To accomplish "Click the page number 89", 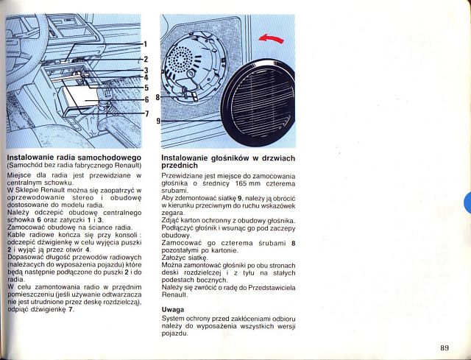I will tap(445, 347).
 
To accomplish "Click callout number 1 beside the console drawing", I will tap(146, 44).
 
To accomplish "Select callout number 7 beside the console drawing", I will tap(146, 113).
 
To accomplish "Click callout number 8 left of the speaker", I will tap(157, 96).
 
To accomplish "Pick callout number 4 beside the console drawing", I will tap(146, 77).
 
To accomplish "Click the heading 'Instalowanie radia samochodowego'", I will tap(74, 158).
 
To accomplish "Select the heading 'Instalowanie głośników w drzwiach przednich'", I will tap(227, 162).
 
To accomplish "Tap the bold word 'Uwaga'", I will tap(173, 310).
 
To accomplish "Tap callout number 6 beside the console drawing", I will tap(146, 99).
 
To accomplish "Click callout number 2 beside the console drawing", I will tap(146, 59).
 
